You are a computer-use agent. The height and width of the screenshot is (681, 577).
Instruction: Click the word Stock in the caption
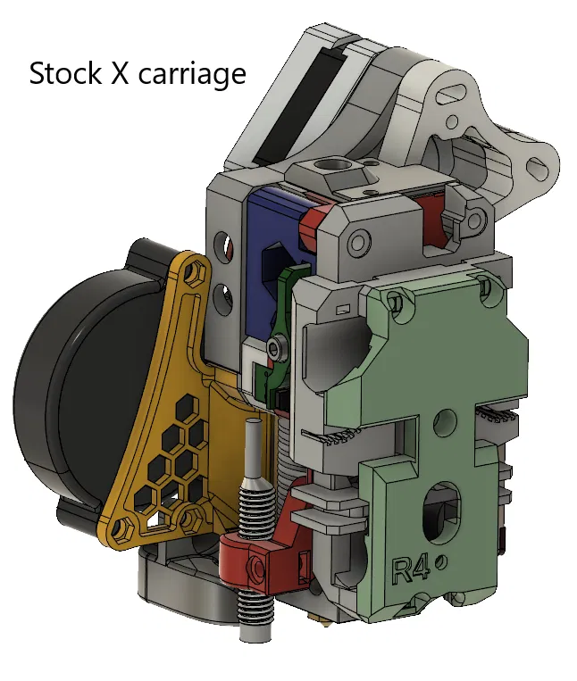64,73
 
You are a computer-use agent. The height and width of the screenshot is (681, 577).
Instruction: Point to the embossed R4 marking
411,569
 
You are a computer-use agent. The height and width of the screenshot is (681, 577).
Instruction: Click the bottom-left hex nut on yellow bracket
119,529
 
